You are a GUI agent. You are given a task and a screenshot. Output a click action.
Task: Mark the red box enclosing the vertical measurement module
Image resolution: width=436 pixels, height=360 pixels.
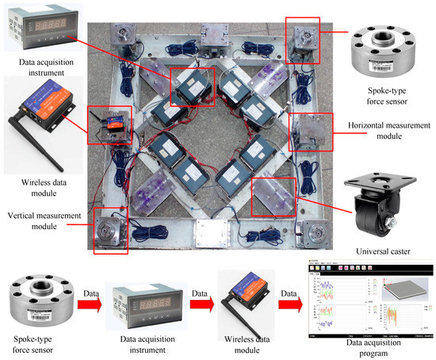tap(109, 230)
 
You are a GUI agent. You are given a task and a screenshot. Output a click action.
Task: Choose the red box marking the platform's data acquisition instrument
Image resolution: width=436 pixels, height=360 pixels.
tap(192, 86)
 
